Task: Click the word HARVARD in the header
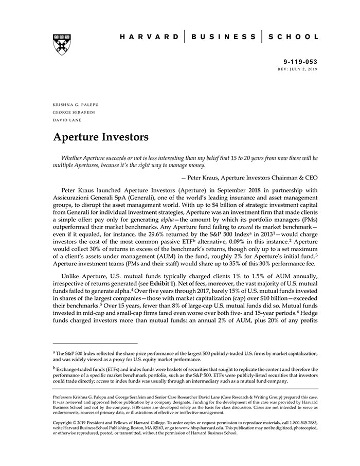[x=150, y=37]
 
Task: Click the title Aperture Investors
[x=101, y=137]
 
